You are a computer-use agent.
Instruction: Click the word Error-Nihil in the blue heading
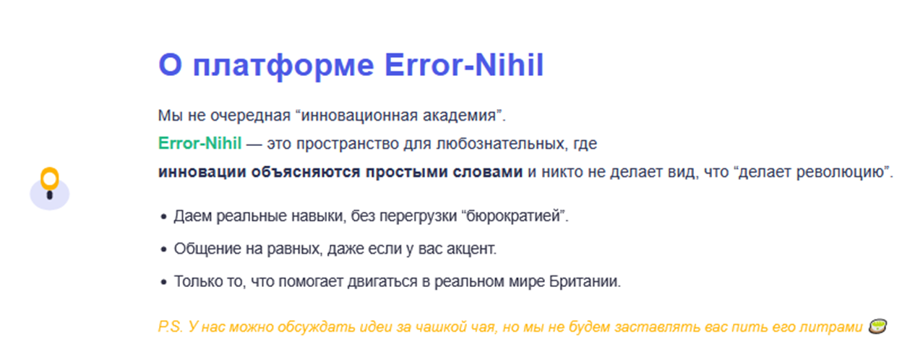tap(464, 65)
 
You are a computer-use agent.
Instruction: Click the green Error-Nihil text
tap(199, 143)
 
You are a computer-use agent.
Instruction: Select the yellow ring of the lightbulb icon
tap(50, 179)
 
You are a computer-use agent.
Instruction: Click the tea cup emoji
tap(877, 326)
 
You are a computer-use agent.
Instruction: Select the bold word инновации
tap(202, 172)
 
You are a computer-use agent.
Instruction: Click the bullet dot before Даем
tap(163, 217)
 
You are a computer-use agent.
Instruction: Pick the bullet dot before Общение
tap(163, 249)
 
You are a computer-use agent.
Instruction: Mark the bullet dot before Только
tap(163, 283)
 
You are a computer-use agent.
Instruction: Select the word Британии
tap(584, 281)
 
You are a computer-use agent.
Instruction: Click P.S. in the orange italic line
tap(171, 327)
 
